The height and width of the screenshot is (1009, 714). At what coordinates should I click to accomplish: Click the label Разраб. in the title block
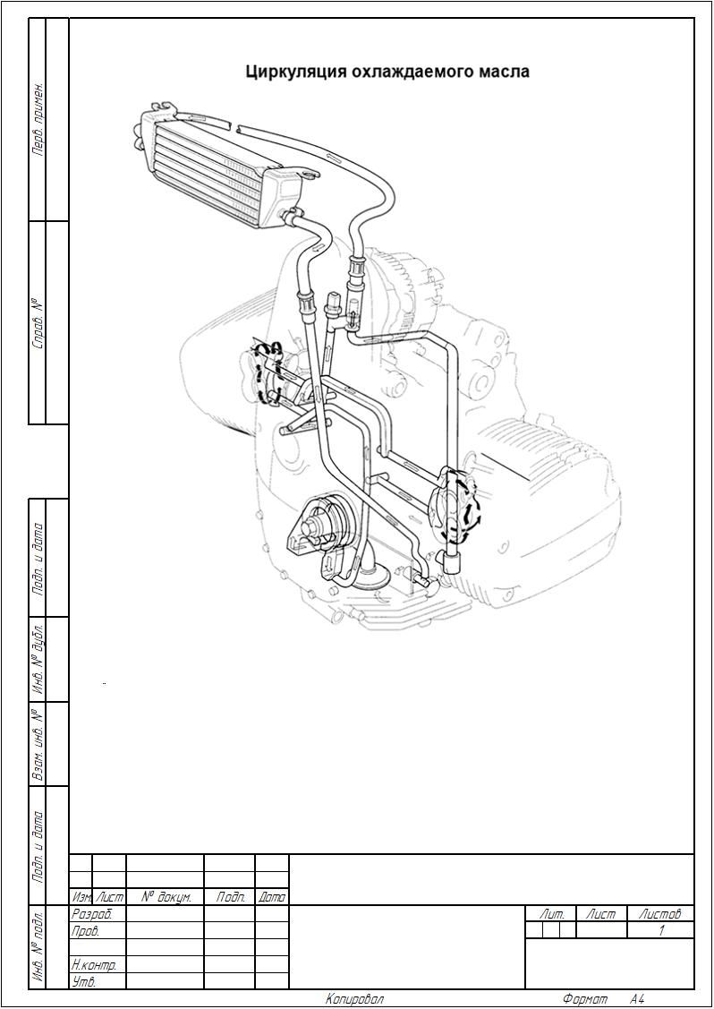[x=90, y=914]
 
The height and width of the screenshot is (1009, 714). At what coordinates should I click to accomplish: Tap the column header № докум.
[x=166, y=896]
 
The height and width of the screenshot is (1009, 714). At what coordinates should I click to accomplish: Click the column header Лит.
[x=552, y=914]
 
